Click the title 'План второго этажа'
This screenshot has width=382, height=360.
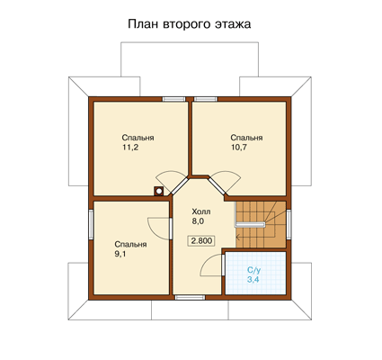pos(190,24)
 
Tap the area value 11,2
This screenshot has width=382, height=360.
pos(130,148)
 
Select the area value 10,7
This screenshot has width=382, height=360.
pos(239,148)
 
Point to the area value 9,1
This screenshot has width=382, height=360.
pos(121,254)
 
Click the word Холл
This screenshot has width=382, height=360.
pos(201,211)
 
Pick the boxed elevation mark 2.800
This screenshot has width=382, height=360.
pos(201,240)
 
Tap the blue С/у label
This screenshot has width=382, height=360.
pos(253,270)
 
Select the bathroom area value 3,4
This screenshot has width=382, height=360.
pos(253,280)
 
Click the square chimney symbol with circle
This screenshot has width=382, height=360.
pos(159,191)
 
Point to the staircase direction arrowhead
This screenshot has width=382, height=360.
pos(237,238)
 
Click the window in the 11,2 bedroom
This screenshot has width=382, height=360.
pos(174,99)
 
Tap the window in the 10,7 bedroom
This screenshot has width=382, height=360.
pos(206,99)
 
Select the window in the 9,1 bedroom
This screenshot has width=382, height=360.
pos(91,224)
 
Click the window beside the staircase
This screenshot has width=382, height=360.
pos(289,224)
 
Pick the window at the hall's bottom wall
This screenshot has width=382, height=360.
pos(190,297)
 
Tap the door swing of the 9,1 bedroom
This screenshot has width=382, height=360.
pos(153,231)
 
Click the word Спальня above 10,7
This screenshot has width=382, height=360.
pos(246,138)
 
